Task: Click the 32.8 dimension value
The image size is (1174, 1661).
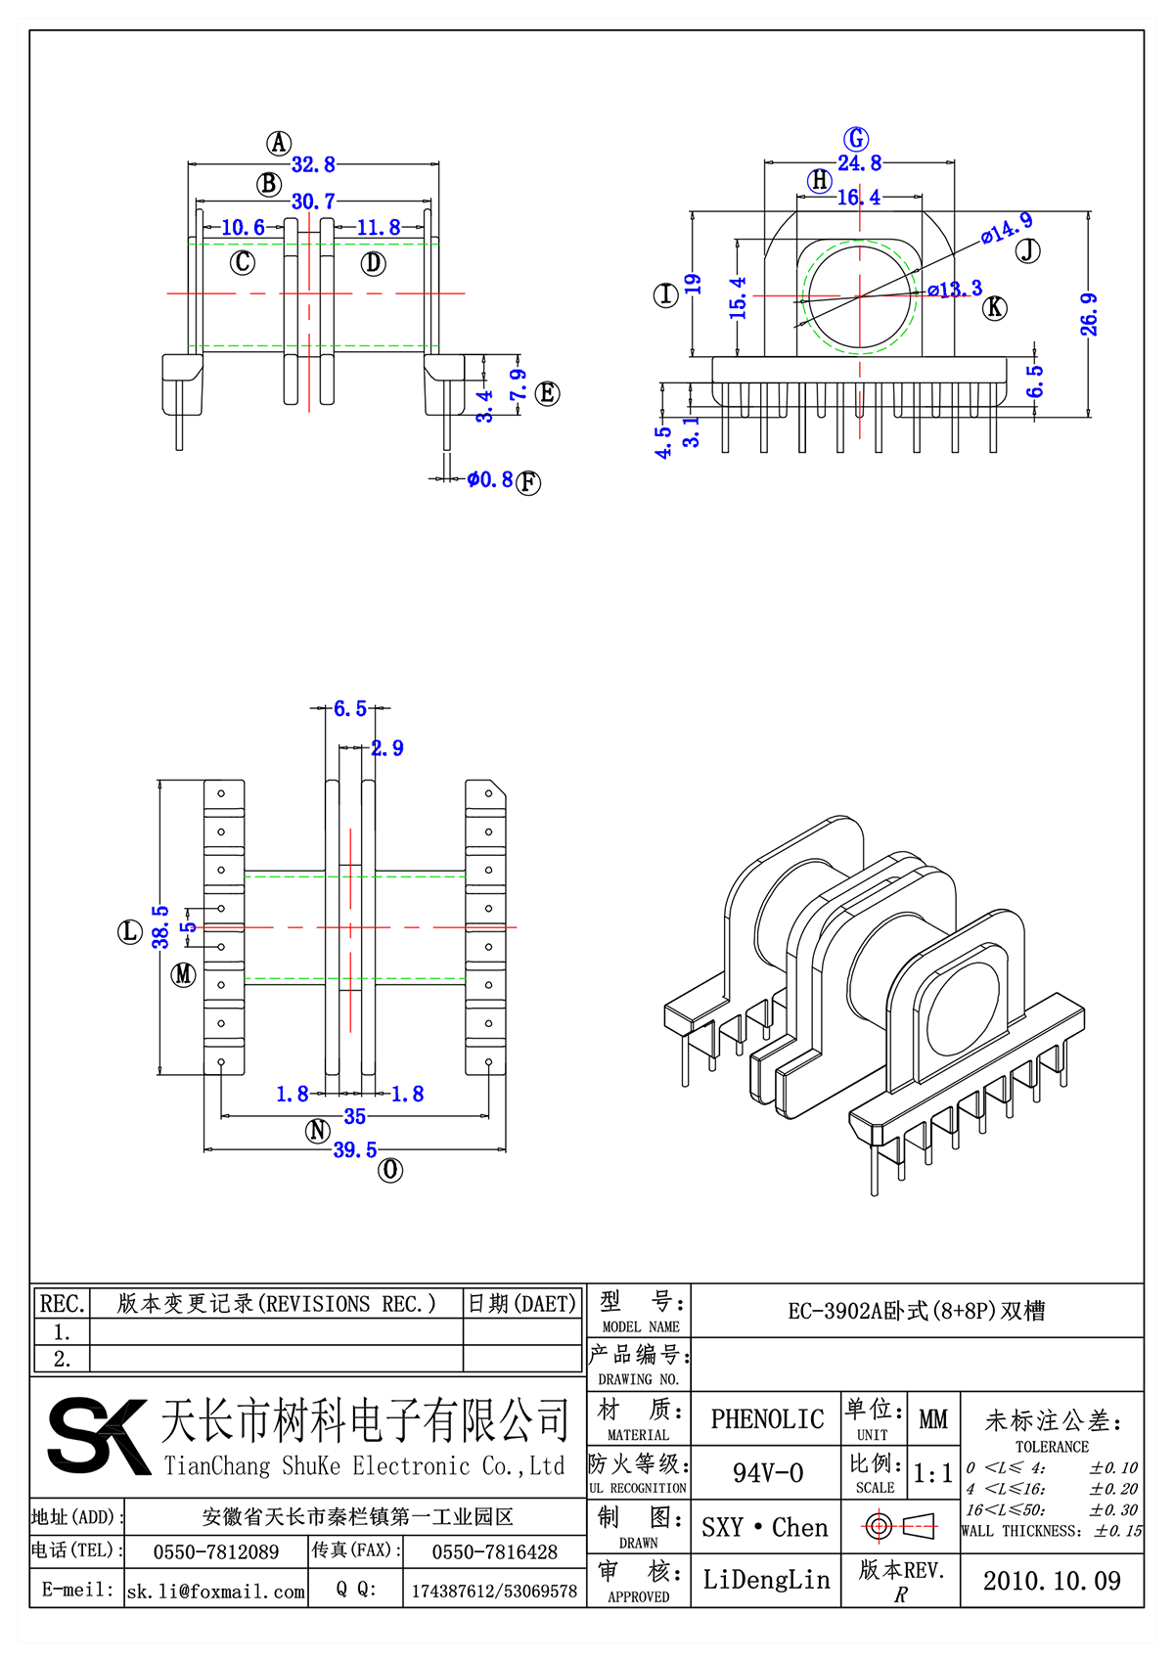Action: pyautogui.click(x=313, y=164)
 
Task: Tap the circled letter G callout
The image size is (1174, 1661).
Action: pyautogui.click(x=856, y=139)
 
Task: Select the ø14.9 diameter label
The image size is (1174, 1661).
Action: pyautogui.click(x=1007, y=228)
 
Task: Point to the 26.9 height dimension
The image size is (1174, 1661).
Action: pyautogui.click(x=1089, y=315)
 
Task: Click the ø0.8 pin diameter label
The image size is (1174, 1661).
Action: pyautogui.click(x=489, y=479)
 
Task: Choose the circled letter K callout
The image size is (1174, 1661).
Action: pyautogui.click(x=995, y=308)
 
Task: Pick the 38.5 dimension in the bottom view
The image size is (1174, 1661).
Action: pyautogui.click(x=160, y=926)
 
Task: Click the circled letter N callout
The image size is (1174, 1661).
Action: pyautogui.click(x=318, y=1131)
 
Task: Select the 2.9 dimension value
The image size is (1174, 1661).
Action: pyautogui.click(x=387, y=748)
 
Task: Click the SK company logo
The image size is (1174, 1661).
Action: pyautogui.click(x=98, y=1436)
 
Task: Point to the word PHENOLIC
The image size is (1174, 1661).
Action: pyautogui.click(x=767, y=1419)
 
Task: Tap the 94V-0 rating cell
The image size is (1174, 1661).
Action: pyautogui.click(x=767, y=1473)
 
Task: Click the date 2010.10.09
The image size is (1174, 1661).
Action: pyautogui.click(x=1052, y=1581)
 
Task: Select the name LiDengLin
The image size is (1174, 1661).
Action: pyautogui.click(x=766, y=1580)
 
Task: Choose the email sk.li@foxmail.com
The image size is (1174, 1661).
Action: pyautogui.click(x=216, y=1592)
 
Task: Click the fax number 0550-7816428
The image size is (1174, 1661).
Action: pyautogui.click(x=494, y=1552)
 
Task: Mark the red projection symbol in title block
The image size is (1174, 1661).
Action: pyautogui.click(x=900, y=1526)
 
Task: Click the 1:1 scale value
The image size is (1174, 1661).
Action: pyautogui.click(x=932, y=1474)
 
